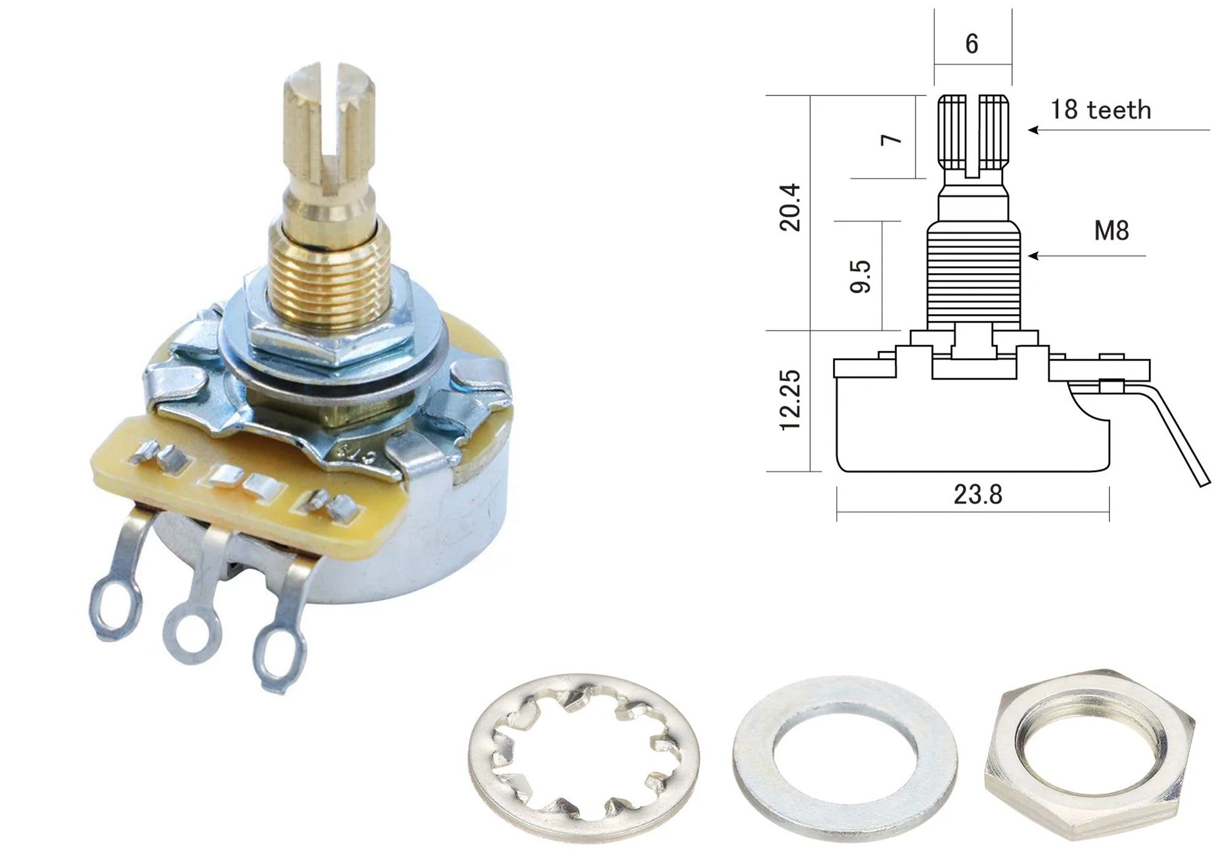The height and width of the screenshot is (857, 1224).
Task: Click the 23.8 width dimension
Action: [977, 494]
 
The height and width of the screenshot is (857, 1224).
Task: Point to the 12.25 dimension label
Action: [790, 400]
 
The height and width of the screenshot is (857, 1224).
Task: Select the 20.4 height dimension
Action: [790, 206]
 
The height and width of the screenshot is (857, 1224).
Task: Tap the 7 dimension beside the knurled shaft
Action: [892, 139]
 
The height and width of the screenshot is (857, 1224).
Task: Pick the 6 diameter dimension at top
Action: [972, 44]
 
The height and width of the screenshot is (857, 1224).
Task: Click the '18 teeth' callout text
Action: [1100, 110]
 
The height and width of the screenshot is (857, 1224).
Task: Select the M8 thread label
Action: [1111, 231]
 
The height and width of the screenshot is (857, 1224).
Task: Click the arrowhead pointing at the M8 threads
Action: [1033, 256]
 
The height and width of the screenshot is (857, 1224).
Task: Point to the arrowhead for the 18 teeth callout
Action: [1033, 130]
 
